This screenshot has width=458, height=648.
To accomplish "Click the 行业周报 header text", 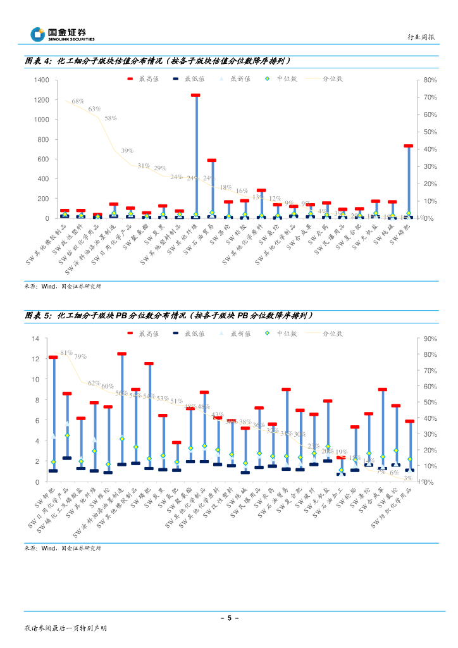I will pyautogui.click(x=422, y=37).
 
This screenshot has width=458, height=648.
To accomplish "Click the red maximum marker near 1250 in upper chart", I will pyautogui.click(x=195, y=96).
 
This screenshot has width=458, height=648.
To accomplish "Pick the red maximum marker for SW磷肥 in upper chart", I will pyautogui.click(x=408, y=146).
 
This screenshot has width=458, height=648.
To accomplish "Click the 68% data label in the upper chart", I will pyautogui.click(x=77, y=101).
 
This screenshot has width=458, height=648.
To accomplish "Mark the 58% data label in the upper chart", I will pyautogui.click(x=110, y=118).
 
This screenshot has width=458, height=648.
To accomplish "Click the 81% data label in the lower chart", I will pyautogui.click(x=66, y=352).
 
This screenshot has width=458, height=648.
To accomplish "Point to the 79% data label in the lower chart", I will pyautogui.click(x=80, y=356).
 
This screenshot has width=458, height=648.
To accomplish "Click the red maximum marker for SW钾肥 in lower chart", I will pyautogui.click(x=53, y=358).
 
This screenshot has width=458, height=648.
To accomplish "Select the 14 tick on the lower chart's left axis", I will pyautogui.click(x=35, y=339).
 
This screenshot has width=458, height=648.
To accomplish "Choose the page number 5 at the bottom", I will pyautogui.click(x=229, y=618).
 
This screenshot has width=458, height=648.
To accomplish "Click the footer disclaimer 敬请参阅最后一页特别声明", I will pyautogui.click(x=65, y=628).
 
